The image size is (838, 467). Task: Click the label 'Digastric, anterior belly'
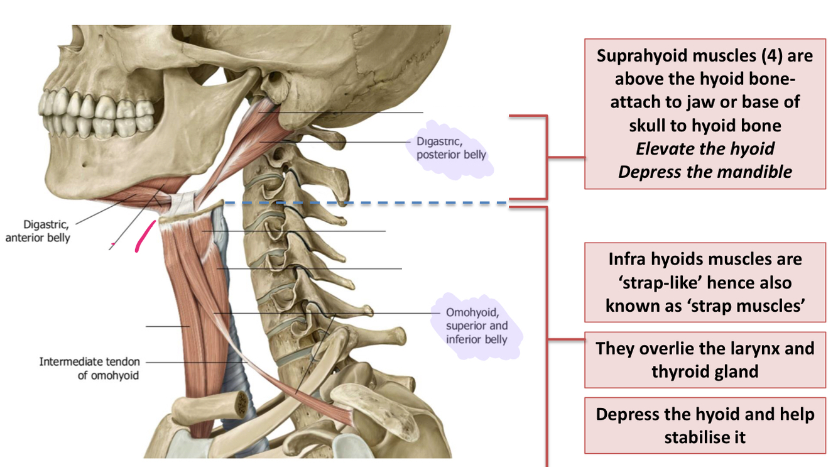(x=38, y=231)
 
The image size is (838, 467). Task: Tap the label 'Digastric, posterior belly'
(x=451, y=148)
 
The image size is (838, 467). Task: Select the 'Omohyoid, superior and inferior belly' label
(x=476, y=326)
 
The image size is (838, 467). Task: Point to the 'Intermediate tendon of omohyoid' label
(x=89, y=368)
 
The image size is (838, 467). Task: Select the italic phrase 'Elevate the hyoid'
(x=705, y=148)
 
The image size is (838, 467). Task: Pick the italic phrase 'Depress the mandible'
(x=705, y=172)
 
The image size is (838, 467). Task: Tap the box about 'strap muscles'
(x=705, y=282)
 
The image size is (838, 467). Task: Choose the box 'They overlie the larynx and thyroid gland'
(x=705, y=360)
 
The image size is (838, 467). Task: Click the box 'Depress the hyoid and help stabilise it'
(x=705, y=426)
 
